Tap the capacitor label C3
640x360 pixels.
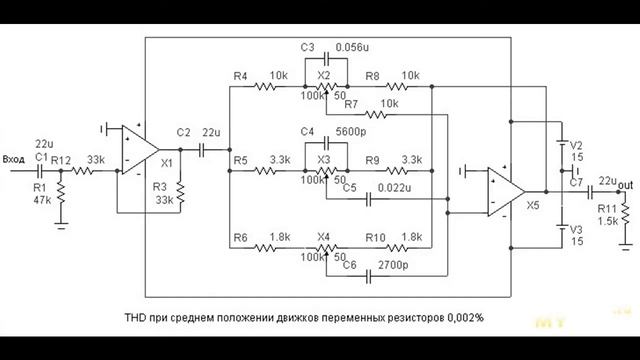[x=307, y=48]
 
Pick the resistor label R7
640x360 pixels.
[x=350, y=104]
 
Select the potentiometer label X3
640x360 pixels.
[x=323, y=159]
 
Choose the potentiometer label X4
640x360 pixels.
[x=323, y=237]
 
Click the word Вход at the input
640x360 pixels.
[x=15, y=158]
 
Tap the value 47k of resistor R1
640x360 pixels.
[x=40, y=200]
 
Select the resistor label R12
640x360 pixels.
[x=61, y=159]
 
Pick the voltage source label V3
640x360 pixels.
[x=575, y=229]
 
